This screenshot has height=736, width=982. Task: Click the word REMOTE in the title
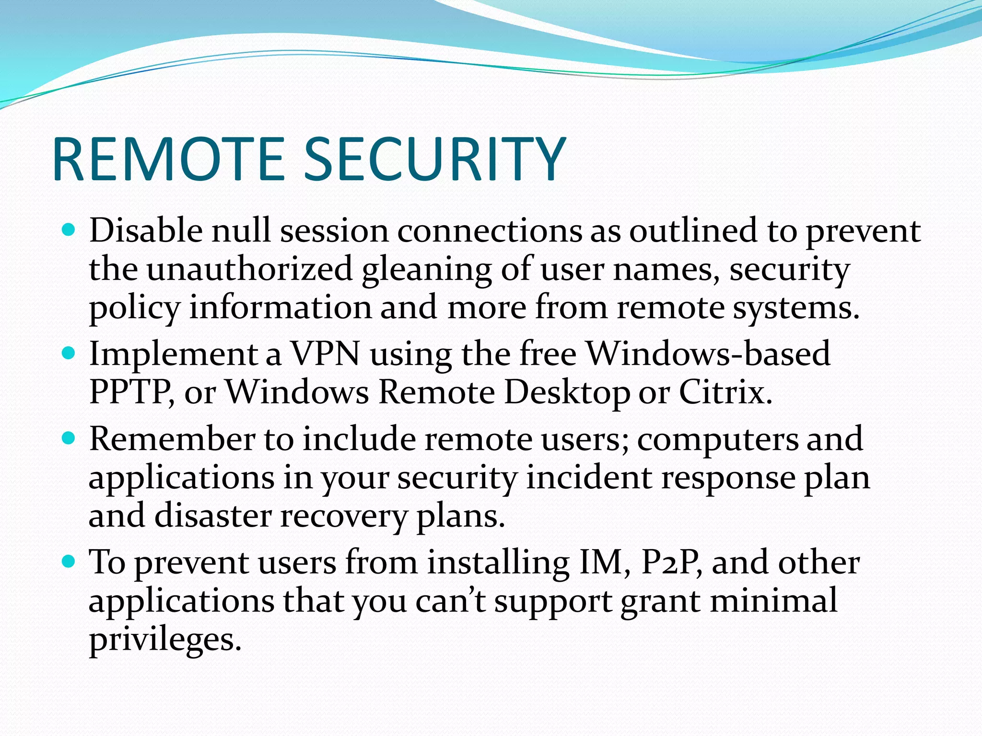(x=169, y=159)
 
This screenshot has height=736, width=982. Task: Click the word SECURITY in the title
(x=434, y=159)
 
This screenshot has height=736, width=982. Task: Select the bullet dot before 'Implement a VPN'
(x=69, y=354)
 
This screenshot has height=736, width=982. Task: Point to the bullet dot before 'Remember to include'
(x=69, y=438)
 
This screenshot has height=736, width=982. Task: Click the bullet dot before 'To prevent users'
(x=69, y=562)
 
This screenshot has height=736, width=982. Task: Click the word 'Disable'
(x=146, y=230)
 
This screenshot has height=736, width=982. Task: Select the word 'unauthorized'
(x=249, y=269)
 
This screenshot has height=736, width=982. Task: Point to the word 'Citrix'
(x=725, y=392)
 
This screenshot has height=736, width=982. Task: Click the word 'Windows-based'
(x=709, y=354)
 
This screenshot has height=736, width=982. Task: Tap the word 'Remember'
(x=172, y=438)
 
